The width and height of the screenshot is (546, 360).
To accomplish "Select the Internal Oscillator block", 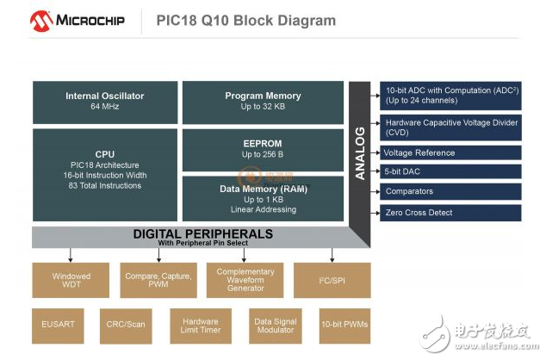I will (x=105, y=102).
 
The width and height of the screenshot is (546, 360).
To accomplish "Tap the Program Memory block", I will (x=263, y=102).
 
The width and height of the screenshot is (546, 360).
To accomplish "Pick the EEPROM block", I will (x=263, y=149).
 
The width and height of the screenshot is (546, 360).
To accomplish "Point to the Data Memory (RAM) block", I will (x=263, y=198).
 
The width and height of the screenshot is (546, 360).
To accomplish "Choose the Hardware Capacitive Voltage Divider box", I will (x=450, y=127).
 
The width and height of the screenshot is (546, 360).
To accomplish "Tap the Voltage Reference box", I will (x=450, y=152).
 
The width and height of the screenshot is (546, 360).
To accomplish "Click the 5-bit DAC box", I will (x=450, y=171).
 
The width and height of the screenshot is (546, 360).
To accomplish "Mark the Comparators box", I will (x=450, y=191).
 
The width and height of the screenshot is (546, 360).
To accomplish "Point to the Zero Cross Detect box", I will (x=450, y=212).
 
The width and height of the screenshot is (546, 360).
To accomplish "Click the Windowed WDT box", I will (x=71, y=280).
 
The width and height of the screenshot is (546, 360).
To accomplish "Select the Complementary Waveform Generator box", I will (x=245, y=280).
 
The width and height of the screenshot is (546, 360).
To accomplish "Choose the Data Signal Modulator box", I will (x=276, y=326).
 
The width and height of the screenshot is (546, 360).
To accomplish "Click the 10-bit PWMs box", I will (x=344, y=326).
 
